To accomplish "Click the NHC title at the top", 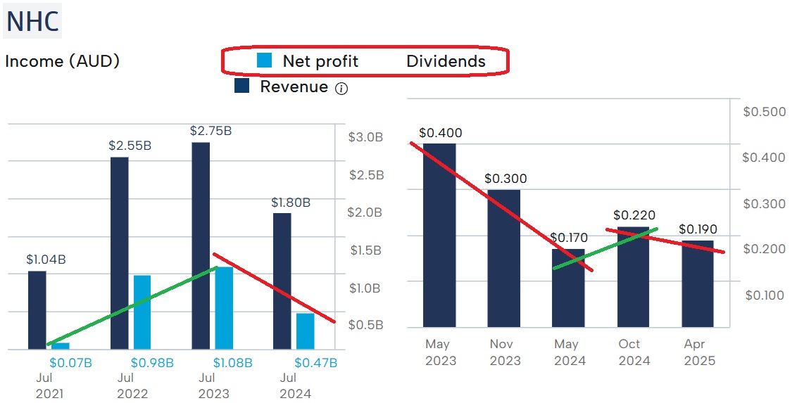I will [x=32, y=22].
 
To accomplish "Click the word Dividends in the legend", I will [x=446, y=61].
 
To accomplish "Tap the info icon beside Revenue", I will [x=341, y=88].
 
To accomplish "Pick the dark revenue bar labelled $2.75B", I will [x=201, y=245].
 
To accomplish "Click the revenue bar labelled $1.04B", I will [x=37, y=309].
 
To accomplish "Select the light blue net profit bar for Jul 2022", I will [x=142, y=312].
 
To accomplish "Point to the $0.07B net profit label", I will [x=70, y=363].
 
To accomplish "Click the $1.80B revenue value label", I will [x=291, y=203].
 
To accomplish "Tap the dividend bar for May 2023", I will [x=439, y=235].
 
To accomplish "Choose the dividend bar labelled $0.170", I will [x=568, y=288].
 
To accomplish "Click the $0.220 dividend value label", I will [x=634, y=215].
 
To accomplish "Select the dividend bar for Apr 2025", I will [x=698, y=283].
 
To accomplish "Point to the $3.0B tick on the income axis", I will [x=365, y=137].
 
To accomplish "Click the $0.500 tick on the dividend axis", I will [x=764, y=112].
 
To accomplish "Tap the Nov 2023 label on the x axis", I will [x=505, y=352].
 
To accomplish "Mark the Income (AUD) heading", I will [x=62, y=61].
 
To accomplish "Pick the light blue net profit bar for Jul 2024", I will [x=306, y=331].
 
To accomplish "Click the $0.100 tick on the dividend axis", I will [x=764, y=295].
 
